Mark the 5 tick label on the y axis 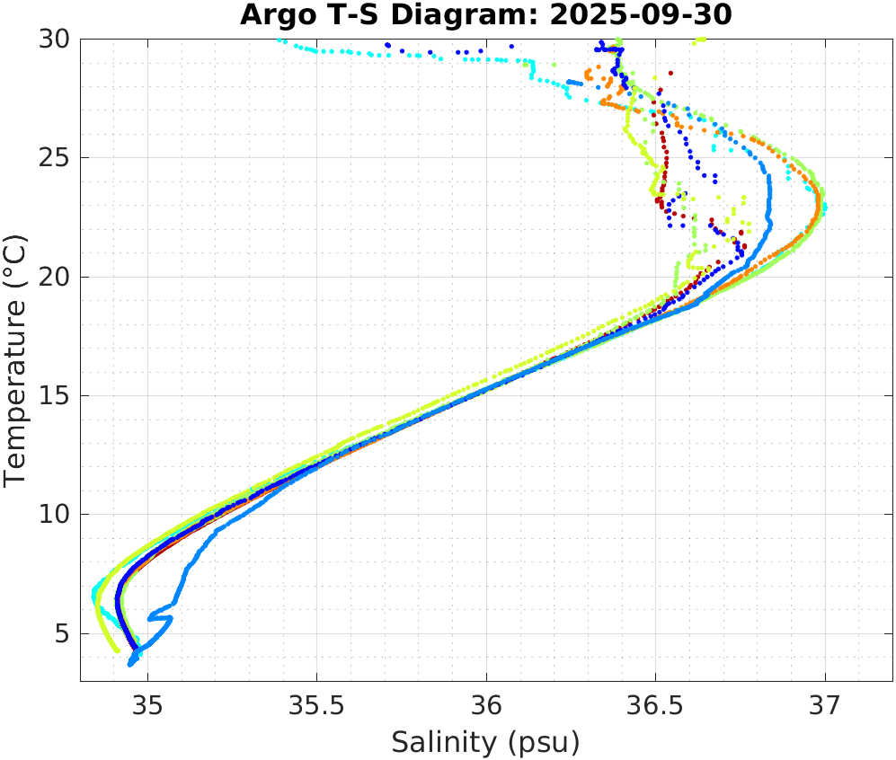(x=64, y=633)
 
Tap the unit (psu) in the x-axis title (x=541, y=743)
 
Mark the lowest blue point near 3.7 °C (x=132, y=664)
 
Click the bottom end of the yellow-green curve (x=116, y=650)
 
